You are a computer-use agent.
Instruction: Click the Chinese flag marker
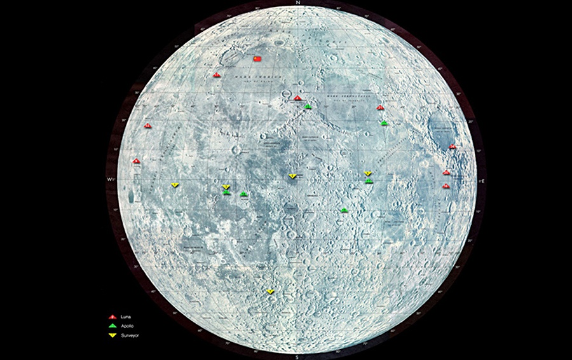[257, 59]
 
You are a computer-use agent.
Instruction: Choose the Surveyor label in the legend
[129, 335]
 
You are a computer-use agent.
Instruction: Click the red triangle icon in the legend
[112, 317]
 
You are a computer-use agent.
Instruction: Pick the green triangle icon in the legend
[112, 326]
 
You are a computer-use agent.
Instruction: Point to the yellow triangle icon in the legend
[112, 335]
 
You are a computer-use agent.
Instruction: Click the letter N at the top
[297, 3]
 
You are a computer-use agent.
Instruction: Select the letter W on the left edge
[109, 181]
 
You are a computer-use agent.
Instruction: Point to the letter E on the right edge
[484, 181]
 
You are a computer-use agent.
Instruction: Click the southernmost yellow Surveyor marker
[270, 291]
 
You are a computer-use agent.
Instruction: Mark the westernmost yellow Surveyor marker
[175, 185]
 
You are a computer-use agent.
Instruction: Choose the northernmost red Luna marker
[217, 74]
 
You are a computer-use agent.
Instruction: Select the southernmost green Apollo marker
[344, 210]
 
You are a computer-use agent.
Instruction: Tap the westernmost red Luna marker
[135, 161]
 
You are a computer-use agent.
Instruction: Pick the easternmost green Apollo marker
[384, 122]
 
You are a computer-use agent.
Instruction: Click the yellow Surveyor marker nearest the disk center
[292, 176]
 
